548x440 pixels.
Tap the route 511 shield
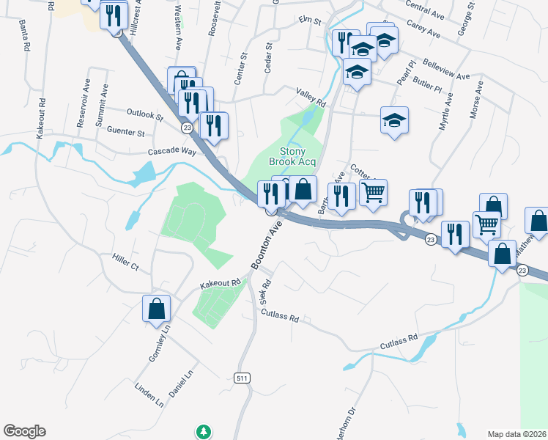242,378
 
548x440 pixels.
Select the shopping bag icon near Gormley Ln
157,308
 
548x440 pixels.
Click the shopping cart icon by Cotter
374,193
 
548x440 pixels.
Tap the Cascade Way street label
172,151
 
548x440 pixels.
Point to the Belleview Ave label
446,70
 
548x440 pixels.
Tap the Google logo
24,431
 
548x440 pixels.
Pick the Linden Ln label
149,394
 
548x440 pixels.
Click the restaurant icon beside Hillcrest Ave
113,16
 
